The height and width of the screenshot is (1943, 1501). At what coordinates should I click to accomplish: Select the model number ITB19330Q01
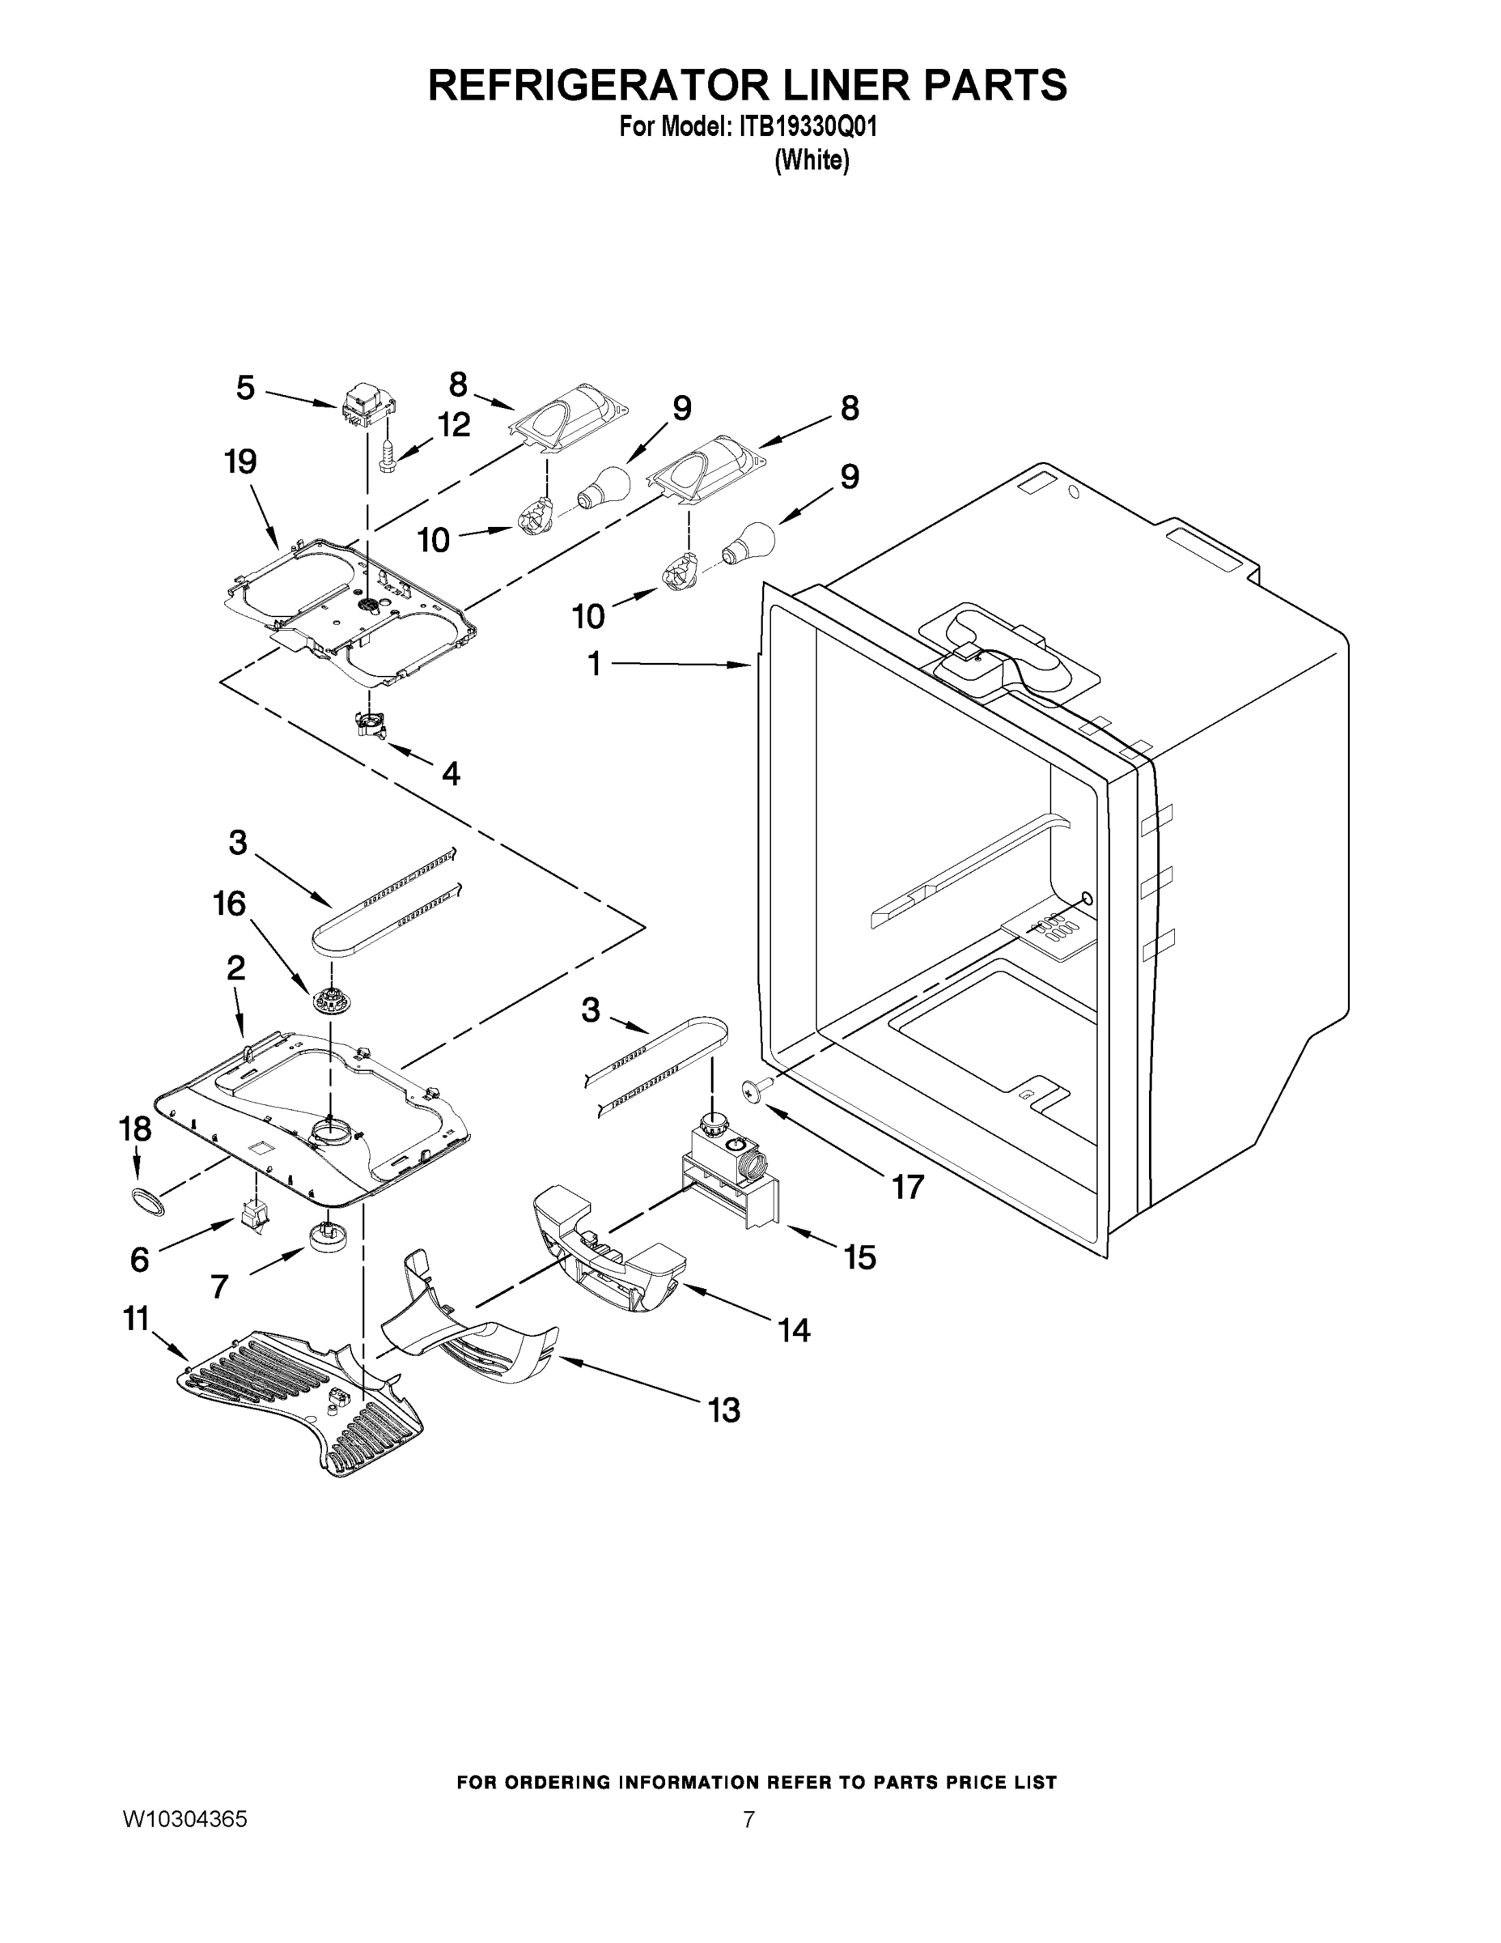coord(808,127)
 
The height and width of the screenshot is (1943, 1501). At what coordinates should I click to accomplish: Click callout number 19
coord(240,461)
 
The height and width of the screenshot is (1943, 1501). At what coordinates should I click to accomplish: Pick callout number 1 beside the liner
coord(594,664)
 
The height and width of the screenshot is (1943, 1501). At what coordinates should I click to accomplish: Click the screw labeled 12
coord(387,457)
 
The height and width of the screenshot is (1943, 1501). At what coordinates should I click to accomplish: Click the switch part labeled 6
coord(253,1214)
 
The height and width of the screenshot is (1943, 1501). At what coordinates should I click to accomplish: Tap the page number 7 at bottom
coord(748,1820)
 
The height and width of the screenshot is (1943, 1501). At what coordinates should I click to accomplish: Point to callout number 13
coord(724,1409)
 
